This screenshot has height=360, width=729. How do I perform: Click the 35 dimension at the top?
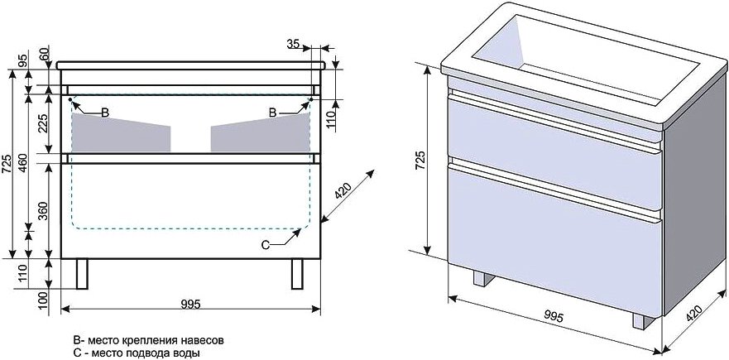pos(293,44)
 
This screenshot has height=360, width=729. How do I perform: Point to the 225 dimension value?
pos(44,123)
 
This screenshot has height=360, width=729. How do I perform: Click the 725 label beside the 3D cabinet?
pos(419,161)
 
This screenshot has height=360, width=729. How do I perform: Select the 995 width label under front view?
pos(190,304)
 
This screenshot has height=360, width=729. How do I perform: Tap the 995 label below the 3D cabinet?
pos(554,317)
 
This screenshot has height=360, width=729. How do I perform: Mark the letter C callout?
pos(266,245)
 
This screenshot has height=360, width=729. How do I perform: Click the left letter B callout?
pos(105,112)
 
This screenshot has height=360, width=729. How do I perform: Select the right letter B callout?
pos(273,112)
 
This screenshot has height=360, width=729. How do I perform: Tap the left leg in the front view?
pos(82,274)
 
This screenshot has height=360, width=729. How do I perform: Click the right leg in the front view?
pos(297,274)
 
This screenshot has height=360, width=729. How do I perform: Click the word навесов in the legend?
pos(204,340)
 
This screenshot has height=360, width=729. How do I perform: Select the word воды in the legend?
pos(189,353)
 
